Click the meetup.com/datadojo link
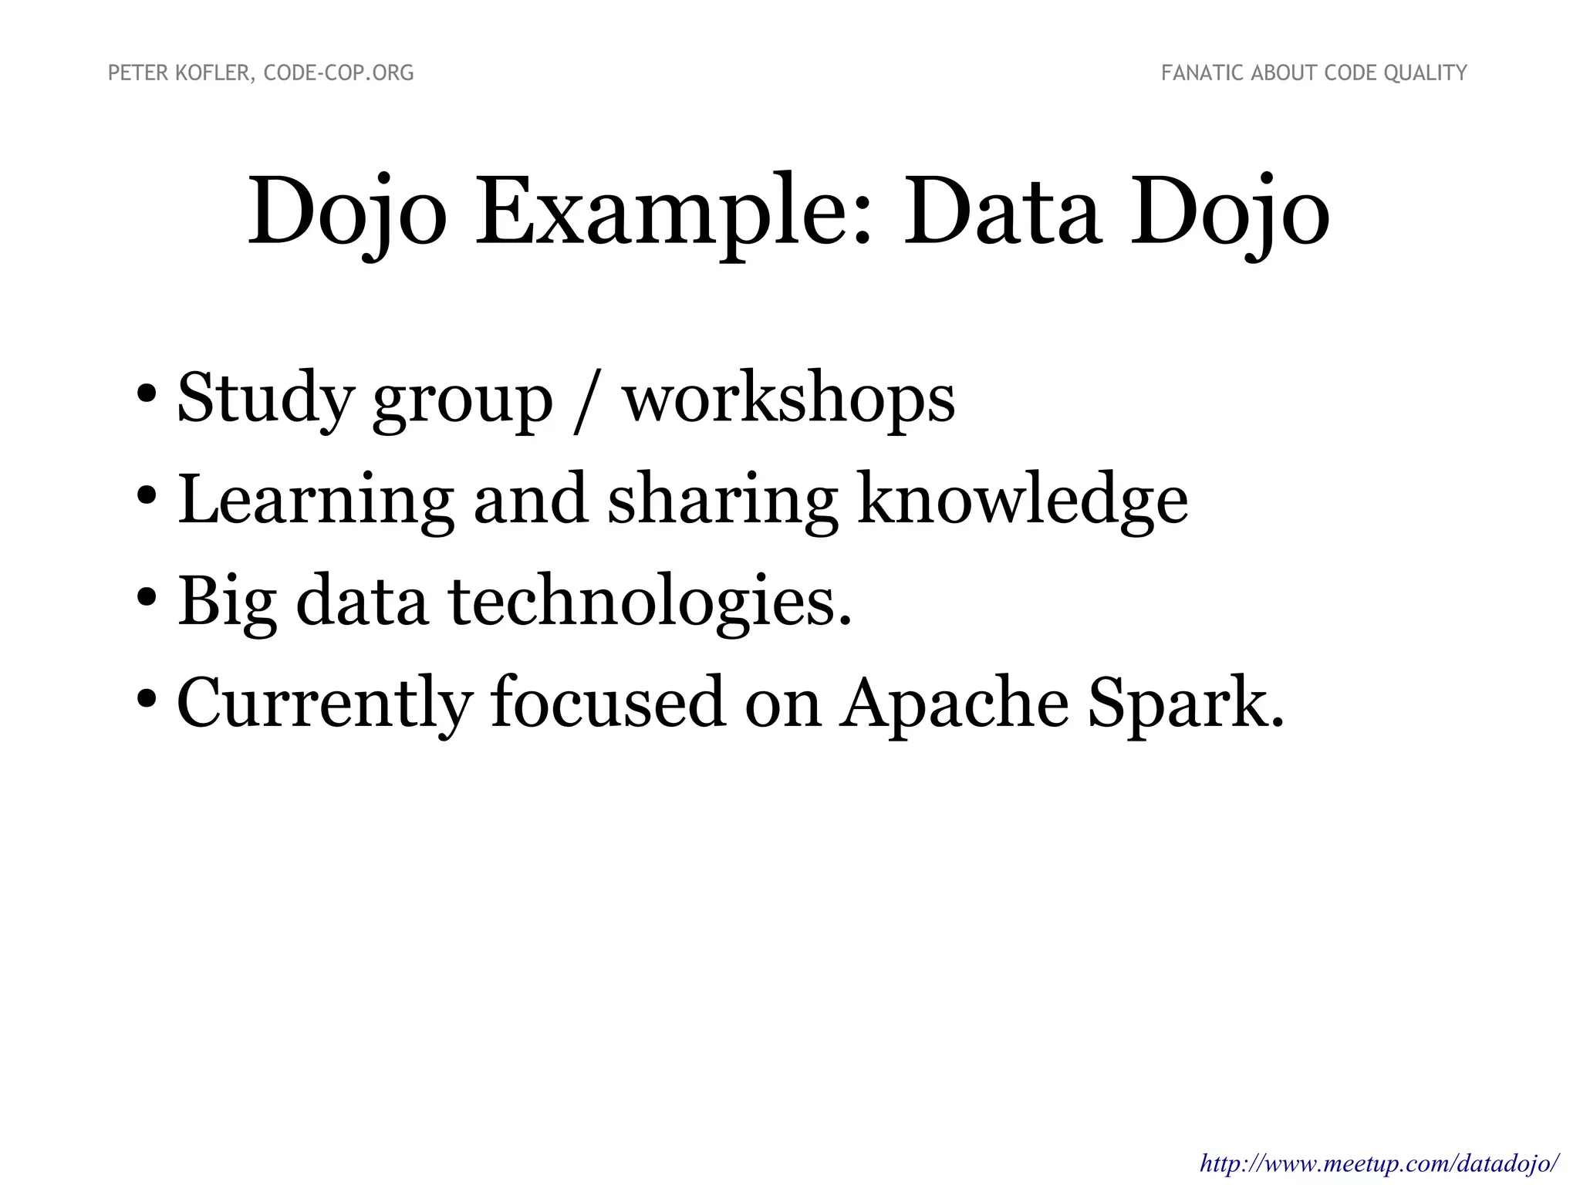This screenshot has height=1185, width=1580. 1380,1162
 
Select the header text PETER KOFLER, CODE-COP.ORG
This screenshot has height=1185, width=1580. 261,73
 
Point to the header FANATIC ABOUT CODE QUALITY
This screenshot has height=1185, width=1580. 1314,73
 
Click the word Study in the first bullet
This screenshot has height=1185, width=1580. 265,399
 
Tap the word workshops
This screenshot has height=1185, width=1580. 788,399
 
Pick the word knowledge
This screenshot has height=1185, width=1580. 1022,500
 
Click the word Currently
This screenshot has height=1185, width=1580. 324,704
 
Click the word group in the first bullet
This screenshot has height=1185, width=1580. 462,403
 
